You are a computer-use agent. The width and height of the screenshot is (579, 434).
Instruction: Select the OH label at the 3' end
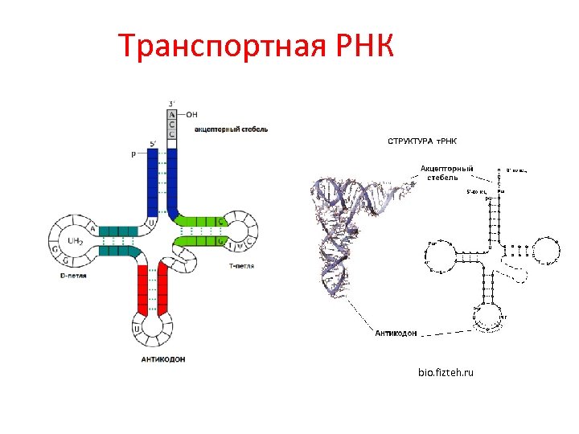pyautogui.click(x=191, y=114)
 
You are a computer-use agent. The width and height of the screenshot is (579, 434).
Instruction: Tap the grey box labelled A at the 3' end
pyautogui.click(x=172, y=114)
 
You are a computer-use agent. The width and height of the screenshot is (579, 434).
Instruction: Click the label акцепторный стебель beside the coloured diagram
pyautogui.click(x=231, y=129)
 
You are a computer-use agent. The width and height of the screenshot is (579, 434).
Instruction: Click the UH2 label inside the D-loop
pyautogui.click(x=76, y=240)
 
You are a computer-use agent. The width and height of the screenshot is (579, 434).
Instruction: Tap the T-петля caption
pyautogui.click(x=241, y=265)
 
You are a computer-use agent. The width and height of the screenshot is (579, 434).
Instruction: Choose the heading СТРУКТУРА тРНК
pyautogui.click(x=422, y=141)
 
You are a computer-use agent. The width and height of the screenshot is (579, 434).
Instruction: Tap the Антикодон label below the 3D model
pyautogui.click(x=396, y=333)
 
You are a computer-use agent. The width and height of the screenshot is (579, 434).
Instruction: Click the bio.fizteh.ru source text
pyautogui.click(x=446, y=373)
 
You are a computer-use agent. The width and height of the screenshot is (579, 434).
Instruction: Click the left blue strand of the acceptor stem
pyautogui.click(x=153, y=185)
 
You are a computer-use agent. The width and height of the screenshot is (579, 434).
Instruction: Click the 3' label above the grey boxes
pyautogui.click(x=172, y=103)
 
